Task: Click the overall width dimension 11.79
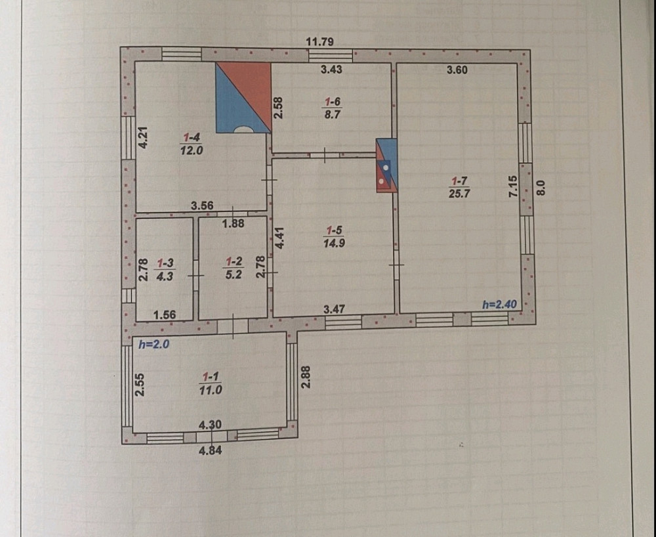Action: click(x=320, y=41)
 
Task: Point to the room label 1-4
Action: click(x=192, y=137)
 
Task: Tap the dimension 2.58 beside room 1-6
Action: click(x=278, y=108)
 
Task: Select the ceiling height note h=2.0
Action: click(x=154, y=343)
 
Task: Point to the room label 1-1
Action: click(x=211, y=377)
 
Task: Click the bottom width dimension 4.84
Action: click(x=211, y=450)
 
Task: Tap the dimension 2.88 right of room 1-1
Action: click(x=305, y=377)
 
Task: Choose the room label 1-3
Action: click(x=164, y=263)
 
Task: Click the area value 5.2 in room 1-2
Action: click(x=233, y=274)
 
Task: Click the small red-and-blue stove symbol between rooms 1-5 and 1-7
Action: click(x=386, y=165)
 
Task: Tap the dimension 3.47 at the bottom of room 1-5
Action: click(x=335, y=308)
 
